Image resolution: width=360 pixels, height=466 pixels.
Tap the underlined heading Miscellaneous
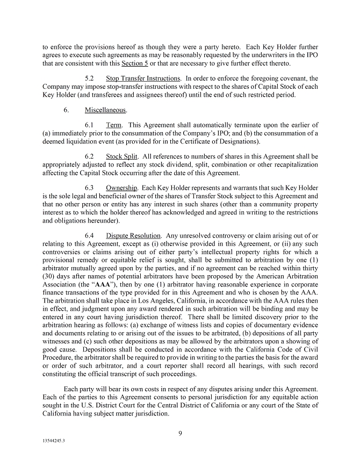point(105,110)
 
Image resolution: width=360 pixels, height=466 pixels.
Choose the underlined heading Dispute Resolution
point(133,235)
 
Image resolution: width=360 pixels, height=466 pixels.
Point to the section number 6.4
point(90,235)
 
